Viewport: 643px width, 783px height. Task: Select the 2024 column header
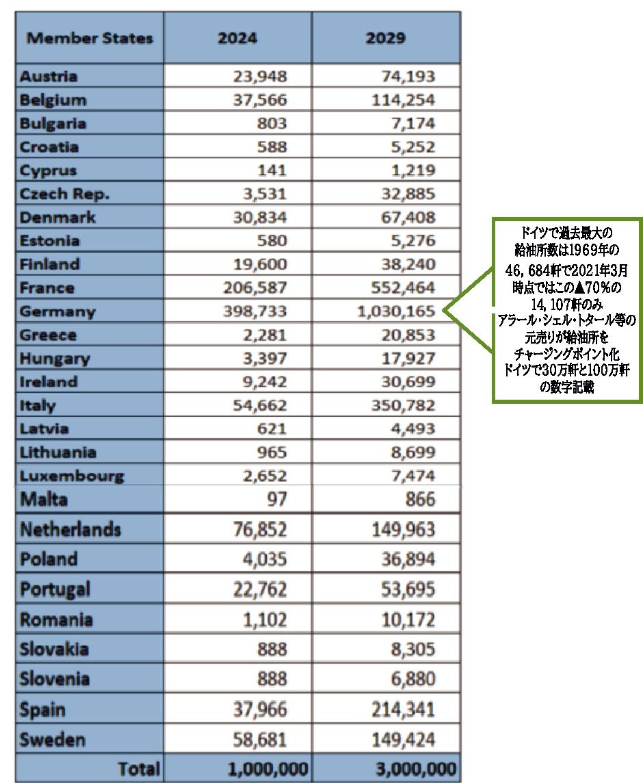click(x=237, y=38)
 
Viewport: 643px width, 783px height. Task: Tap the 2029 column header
click(x=386, y=38)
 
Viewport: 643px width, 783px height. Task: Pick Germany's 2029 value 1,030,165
click(x=396, y=311)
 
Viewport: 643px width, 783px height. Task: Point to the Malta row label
click(x=44, y=500)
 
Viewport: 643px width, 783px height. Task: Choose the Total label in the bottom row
click(x=140, y=769)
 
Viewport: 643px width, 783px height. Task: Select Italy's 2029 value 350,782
click(x=402, y=405)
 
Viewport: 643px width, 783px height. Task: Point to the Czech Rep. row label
click(x=65, y=194)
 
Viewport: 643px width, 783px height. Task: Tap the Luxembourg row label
click(x=72, y=476)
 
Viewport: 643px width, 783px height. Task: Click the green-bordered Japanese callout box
click(x=568, y=309)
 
